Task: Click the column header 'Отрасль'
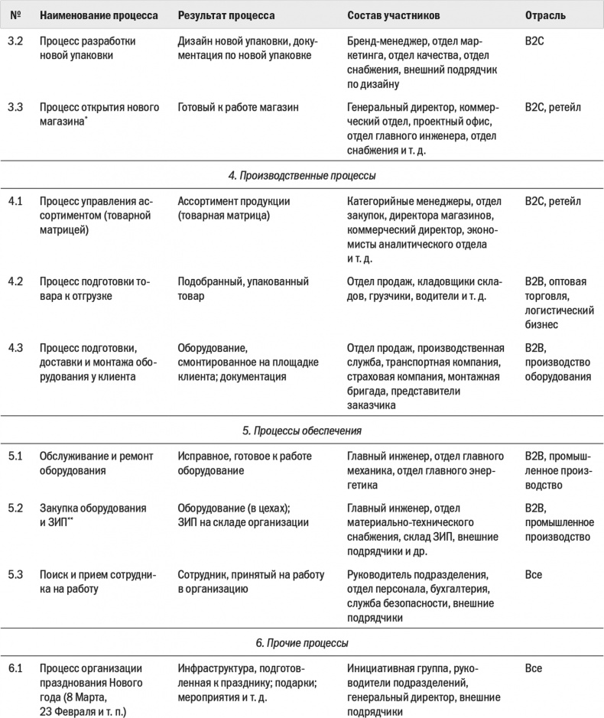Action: pos(545,15)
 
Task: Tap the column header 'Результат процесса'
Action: pos(226,15)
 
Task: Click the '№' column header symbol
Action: pos(15,15)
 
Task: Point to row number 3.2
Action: pos(15,41)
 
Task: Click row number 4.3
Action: pos(15,349)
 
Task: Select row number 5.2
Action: pos(15,508)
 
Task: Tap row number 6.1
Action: pos(15,668)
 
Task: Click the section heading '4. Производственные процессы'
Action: pos(302,176)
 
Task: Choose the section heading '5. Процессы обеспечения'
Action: pos(302,430)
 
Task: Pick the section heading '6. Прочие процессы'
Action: pos(302,642)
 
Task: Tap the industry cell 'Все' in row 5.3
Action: pos(534,573)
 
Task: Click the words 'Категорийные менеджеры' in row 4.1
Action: pos(403,202)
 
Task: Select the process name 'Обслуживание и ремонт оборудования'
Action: pos(96,463)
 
